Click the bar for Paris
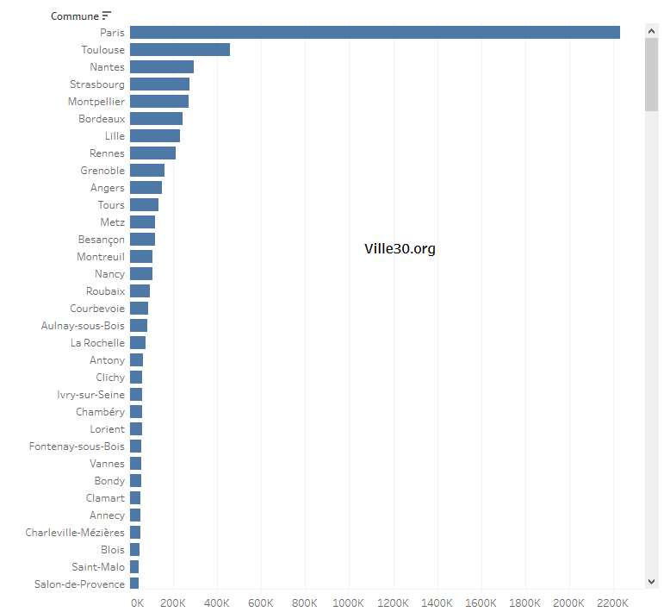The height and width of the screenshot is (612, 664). pyautogui.click(x=375, y=33)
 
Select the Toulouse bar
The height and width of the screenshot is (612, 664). pyautogui.click(x=180, y=50)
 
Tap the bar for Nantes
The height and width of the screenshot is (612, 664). pyautogui.click(x=162, y=67)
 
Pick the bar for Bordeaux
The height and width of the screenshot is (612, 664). pyautogui.click(x=156, y=119)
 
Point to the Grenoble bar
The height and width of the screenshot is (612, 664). pyautogui.click(x=147, y=171)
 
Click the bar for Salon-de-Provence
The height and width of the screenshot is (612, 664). pyautogui.click(x=134, y=584)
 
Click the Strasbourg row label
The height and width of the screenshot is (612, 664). pyautogui.click(x=97, y=84)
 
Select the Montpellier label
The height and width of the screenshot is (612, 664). pyautogui.click(x=96, y=102)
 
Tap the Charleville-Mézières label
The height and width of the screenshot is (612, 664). pyautogui.click(x=75, y=533)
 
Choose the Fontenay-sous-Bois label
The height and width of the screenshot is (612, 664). pyautogui.click(x=77, y=447)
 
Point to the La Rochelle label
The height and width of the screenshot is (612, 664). pyautogui.click(x=97, y=343)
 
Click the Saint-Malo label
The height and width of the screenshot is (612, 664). pyautogui.click(x=98, y=567)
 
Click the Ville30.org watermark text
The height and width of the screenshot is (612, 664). pyautogui.click(x=400, y=249)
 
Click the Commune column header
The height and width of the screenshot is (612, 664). pyautogui.click(x=74, y=16)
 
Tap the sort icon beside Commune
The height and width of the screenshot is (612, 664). pyautogui.click(x=107, y=16)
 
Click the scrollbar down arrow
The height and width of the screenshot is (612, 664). pyautogui.click(x=651, y=583)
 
